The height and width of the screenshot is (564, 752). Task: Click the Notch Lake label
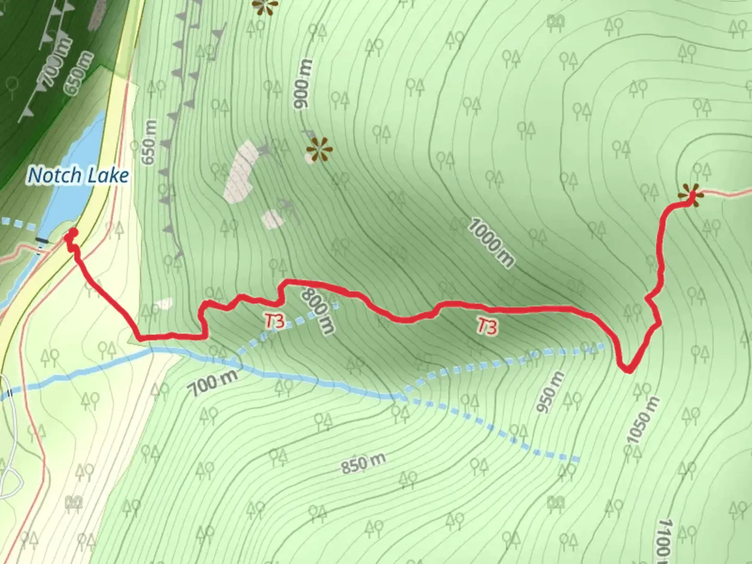78,175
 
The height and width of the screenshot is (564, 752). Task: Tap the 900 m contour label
303,85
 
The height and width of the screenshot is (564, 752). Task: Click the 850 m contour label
364,463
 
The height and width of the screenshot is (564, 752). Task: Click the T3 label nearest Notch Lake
275,322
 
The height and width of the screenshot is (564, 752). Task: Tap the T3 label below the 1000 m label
487,327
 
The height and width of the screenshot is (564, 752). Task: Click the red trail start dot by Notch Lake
73,233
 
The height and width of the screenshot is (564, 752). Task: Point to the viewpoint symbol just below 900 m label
319,149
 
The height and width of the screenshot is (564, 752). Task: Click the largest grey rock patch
241,170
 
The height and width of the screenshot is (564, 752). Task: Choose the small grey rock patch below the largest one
273,219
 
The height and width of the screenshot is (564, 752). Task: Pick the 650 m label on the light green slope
149,143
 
